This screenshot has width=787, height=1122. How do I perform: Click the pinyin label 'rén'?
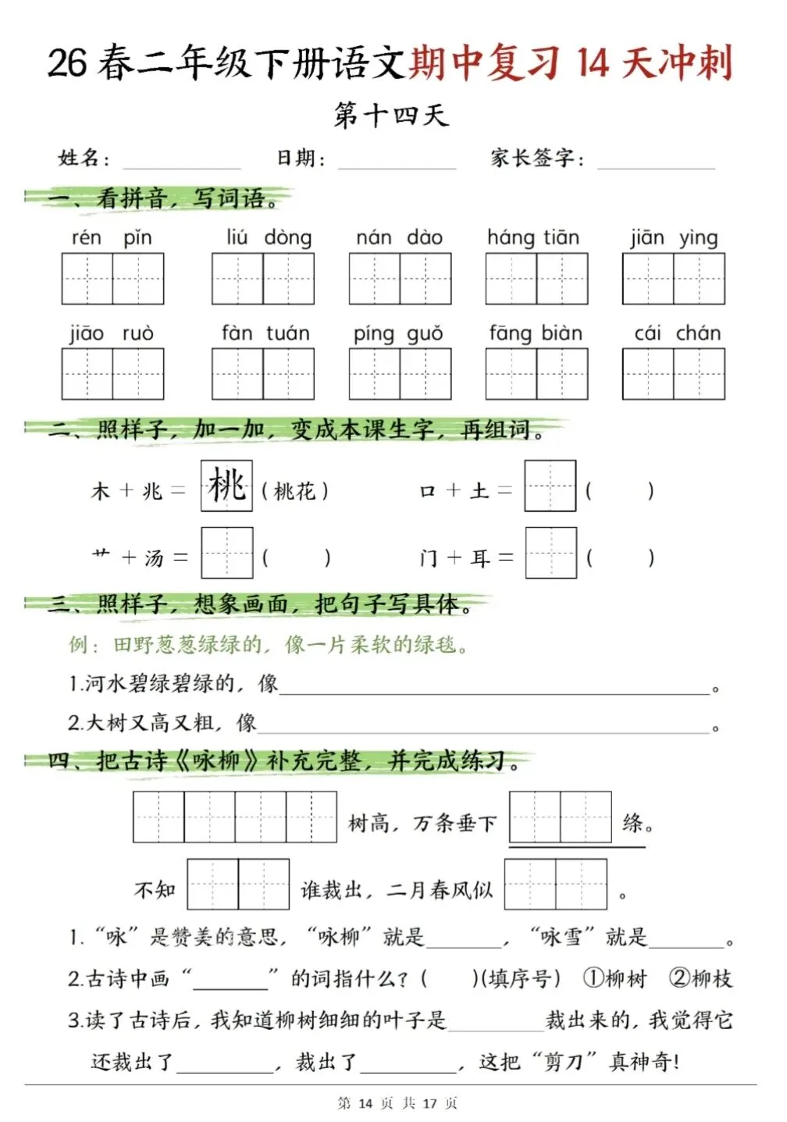pos(86,237)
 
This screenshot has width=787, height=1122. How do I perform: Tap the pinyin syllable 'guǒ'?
pos(425,334)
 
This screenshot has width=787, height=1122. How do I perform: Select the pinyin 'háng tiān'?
pos(533,237)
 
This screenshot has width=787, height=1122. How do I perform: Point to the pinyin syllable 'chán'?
pos(698,333)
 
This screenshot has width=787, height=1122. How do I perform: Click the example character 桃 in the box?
pos(226,486)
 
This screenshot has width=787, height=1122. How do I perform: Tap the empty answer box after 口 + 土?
pos(550,486)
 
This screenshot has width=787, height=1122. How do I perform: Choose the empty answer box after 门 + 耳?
pos(550,554)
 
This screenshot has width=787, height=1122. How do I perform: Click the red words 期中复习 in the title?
pos(484,62)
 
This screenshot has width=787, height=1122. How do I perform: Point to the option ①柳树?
pos(615,978)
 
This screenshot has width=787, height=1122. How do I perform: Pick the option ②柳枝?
pos(700,978)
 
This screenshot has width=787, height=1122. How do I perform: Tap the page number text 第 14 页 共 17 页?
pos(397,1103)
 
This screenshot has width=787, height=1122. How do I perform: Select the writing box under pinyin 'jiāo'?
pos(87,374)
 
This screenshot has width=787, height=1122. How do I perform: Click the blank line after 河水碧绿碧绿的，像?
pos(494,687)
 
